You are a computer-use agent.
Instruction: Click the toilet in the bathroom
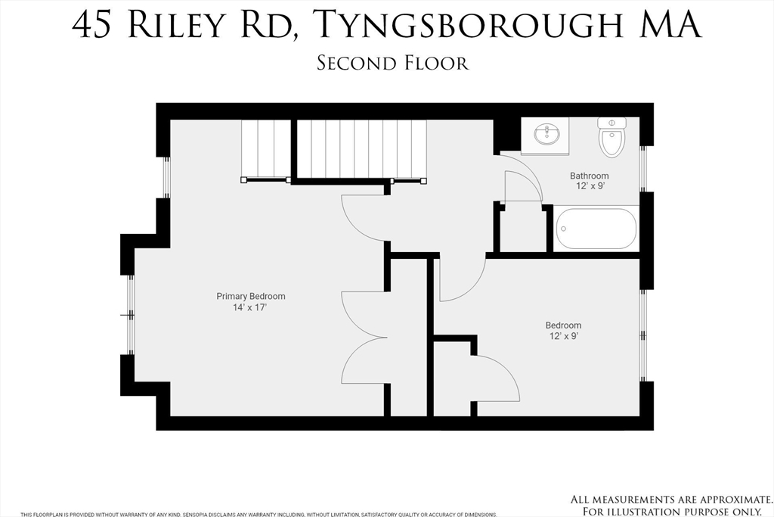tap(611, 136)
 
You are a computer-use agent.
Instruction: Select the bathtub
tap(596, 228)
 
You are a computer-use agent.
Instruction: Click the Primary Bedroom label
tap(251, 296)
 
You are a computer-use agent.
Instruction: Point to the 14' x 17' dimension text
tap(251, 308)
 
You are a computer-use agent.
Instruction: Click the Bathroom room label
tap(589, 176)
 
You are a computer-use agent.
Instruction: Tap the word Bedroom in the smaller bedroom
tap(564, 325)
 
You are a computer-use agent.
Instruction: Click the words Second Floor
tap(392, 63)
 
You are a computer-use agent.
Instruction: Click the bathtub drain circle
tap(563, 228)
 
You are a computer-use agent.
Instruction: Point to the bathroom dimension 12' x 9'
tap(589, 186)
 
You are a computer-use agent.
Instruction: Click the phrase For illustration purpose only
tap(672, 510)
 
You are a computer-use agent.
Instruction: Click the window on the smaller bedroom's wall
tap(643, 335)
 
